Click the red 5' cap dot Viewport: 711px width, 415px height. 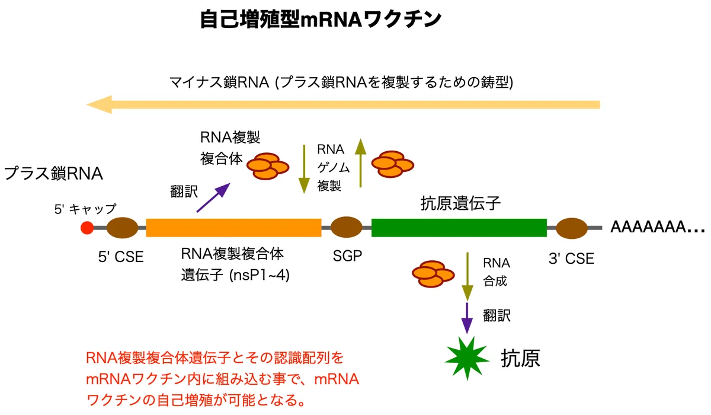point(87,228)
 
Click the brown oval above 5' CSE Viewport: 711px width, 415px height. point(122,228)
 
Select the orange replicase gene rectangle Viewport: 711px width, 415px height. point(233,228)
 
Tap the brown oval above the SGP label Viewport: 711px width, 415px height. point(346,227)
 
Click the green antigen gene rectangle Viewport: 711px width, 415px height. point(459,228)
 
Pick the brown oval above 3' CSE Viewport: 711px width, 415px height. point(572,228)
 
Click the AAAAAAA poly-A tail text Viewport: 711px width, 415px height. point(657,227)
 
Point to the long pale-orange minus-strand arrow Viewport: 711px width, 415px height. point(343,104)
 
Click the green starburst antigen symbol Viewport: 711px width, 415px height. point(467,359)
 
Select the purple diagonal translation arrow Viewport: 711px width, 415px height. point(213,197)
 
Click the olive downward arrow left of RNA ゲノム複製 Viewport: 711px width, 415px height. point(304,169)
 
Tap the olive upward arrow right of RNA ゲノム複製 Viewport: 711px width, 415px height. point(361,163)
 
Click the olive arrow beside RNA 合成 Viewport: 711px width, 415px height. point(467,276)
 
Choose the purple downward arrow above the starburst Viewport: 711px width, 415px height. point(467,318)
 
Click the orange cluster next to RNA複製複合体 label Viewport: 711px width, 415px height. point(268,166)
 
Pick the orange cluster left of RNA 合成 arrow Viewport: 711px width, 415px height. point(433,274)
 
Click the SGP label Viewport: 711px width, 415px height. point(347,256)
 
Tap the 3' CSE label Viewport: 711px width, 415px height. point(571,258)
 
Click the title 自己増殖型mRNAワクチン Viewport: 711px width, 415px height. point(321,20)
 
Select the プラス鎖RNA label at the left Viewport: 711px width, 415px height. point(53,173)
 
